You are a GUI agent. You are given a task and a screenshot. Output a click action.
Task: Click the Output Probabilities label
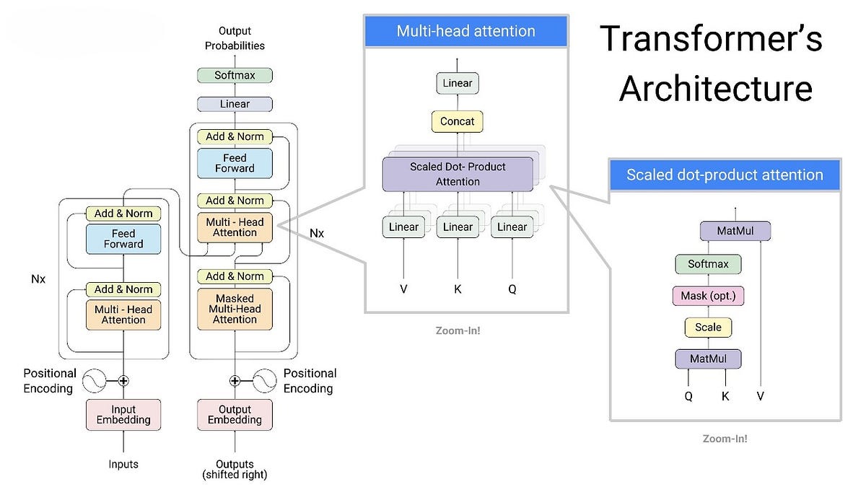pos(235,38)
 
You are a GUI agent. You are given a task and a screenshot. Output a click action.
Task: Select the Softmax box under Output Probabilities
pos(235,75)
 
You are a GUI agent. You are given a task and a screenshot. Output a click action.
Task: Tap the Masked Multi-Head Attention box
pos(235,309)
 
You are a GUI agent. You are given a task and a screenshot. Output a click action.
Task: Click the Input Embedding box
pos(123,415)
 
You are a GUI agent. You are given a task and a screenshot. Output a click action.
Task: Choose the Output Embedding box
pos(235,415)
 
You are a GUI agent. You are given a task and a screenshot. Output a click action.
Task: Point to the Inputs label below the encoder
pos(123,464)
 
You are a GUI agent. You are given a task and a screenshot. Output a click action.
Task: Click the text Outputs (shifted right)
pos(235,469)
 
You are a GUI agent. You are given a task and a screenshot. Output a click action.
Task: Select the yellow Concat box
pos(457,121)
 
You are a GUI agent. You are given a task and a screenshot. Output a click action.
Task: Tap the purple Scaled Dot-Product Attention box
pos(458,174)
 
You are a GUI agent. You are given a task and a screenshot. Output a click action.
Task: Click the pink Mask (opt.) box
pos(708,296)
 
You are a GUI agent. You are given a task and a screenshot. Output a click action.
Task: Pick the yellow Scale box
pos(708,327)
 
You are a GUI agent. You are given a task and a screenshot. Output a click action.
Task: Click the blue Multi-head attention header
pos(465,31)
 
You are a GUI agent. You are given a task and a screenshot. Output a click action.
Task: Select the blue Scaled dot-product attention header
pos(725,175)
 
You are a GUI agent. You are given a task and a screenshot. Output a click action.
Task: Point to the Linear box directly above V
pos(403,227)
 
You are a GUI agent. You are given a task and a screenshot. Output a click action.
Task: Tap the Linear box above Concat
pos(457,83)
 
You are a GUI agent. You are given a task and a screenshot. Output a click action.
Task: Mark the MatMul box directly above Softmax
pos(735,232)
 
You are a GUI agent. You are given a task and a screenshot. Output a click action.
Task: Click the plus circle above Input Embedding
pos(123,380)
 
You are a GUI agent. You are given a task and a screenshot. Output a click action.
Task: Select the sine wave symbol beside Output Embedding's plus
pos(263,380)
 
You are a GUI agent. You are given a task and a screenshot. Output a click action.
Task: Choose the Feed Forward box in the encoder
pos(123,239)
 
